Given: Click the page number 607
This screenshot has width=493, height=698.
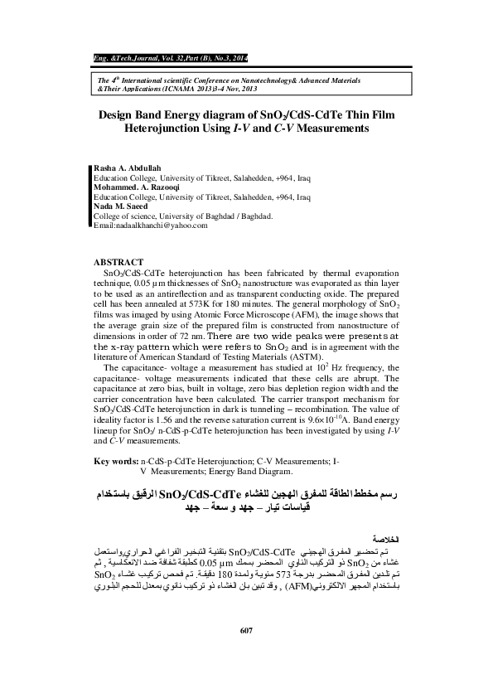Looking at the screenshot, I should (245, 657).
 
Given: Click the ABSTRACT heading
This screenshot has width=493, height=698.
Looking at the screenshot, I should (120, 261).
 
